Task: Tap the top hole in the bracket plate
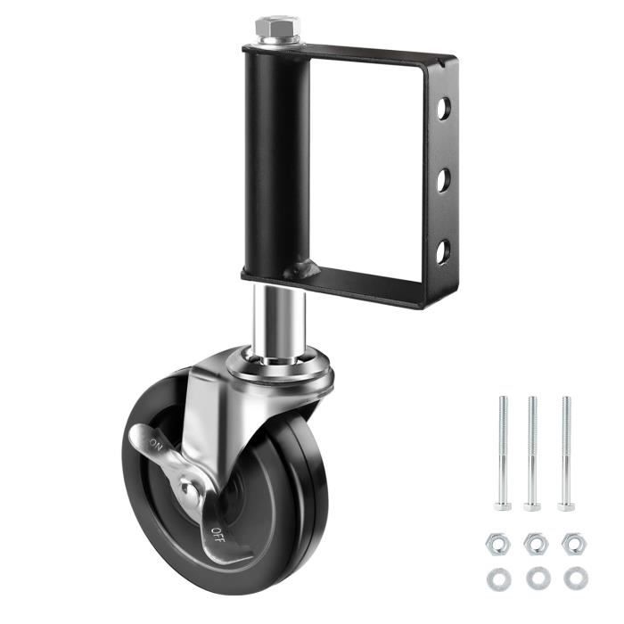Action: click(443, 108)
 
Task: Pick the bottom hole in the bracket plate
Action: click(443, 251)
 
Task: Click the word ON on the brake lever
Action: click(156, 445)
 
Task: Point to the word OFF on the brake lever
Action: click(218, 535)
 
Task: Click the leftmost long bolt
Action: click(503, 453)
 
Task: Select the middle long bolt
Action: click(532, 453)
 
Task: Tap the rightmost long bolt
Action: click(566, 453)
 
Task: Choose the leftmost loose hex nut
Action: click(497, 544)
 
